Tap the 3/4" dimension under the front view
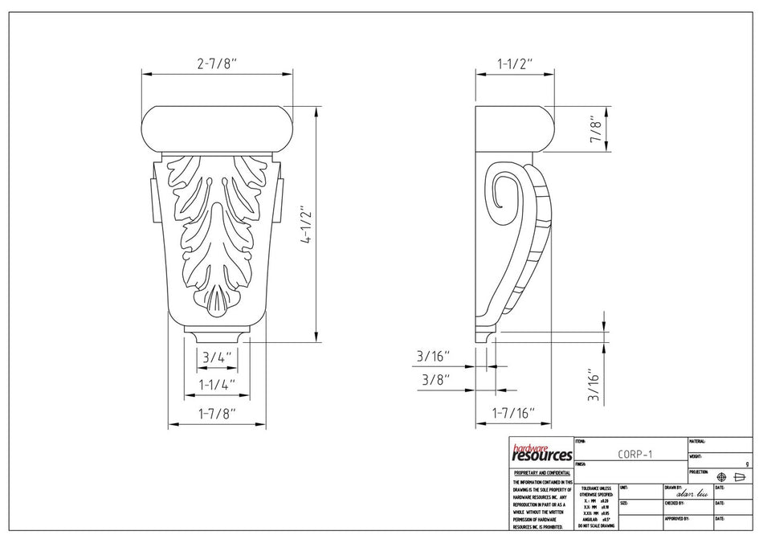pyautogui.click(x=217, y=357)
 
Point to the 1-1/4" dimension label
pyautogui.click(x=217, y=385)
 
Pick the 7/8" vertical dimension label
pyautogui.click(x=595, y=129)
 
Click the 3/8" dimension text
pyautogui.click(x=433, y=378)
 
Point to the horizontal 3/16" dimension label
pyautogui.click(x=433, y=355)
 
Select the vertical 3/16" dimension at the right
pyautogui.click(x=595, y=384)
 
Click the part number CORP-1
pyautogui.click(x=635, y=454)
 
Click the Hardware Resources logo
pyautogui.click(x=541, y=452)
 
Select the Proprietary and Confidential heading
pyautogui.click(x=542, y=473)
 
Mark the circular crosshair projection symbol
pyautogui.click(x=721, y=476)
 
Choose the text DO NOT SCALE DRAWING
pyautogui.click(x=595, y=525)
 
